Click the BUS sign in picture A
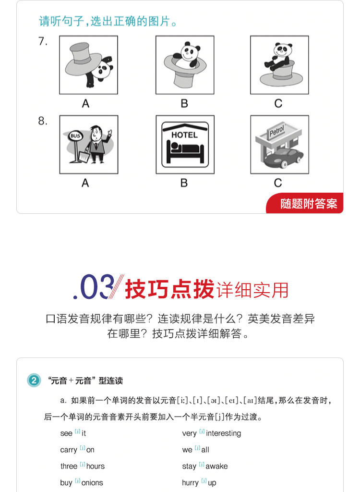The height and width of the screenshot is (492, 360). (x=75, y=136)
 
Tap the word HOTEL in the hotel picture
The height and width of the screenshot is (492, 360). (x=184, y=135)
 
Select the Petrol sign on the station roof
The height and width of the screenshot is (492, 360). (x=276, y=131)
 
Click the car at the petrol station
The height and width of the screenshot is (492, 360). (x=284, y=158)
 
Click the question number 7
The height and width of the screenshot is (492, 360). (x=43, y=41)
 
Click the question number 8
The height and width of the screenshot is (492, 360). (x=43, y=121)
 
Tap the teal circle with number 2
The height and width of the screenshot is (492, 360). (x=34, y=381)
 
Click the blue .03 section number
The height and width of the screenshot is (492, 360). (x=93, y=287)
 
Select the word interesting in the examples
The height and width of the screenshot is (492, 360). (x=224, y=433)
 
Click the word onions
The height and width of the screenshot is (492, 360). (x=92, y=482)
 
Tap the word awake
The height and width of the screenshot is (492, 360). (x=216, y=466)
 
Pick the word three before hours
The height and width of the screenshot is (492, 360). (x=69, y=466)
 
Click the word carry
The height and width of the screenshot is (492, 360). (x=68, y=450)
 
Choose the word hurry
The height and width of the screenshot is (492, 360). (x=191, y=483)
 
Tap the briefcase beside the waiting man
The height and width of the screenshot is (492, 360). (x=84, y=156)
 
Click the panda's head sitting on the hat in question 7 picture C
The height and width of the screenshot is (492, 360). (x=282, y=49)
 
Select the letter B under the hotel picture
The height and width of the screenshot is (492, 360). (x=184, y=183)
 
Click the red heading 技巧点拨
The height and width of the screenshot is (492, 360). (x=169, y=289)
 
